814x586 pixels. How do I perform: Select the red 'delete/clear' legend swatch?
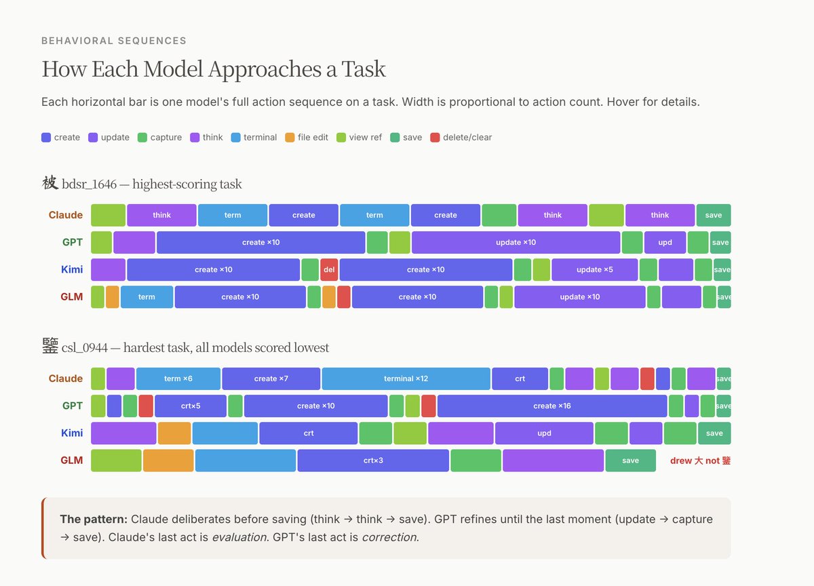click(x=435, y=137)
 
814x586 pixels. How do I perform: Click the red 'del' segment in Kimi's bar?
click(x=329, y=269)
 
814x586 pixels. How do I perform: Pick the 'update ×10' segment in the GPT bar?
click(x=516, y=242)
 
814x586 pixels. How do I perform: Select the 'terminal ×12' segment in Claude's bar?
click(x=406, y=378)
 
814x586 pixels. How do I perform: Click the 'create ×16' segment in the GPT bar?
click(x=552, y=406)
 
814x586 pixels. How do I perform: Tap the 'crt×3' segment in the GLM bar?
click(x=373, y=461)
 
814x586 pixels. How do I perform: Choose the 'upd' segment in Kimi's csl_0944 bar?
click(x=544, y=433)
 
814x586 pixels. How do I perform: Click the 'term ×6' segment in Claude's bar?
click(x=178, y=378)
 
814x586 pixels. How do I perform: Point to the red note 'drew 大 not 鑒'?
click(x=700, y=461)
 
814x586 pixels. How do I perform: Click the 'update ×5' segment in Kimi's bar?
click(x=594, y=269)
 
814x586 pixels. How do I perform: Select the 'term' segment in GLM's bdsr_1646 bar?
click(x=147, y=297)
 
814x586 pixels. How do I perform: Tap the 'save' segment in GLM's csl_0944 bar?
click(x=630, y=461)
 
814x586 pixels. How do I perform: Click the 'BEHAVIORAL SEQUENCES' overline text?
click(x=114, y=41)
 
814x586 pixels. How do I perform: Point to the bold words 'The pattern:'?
click(x=94, y=520)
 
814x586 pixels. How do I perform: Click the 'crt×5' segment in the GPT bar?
click(x=191, y=406)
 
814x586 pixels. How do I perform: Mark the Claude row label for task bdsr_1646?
click(x=66, y=215)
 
